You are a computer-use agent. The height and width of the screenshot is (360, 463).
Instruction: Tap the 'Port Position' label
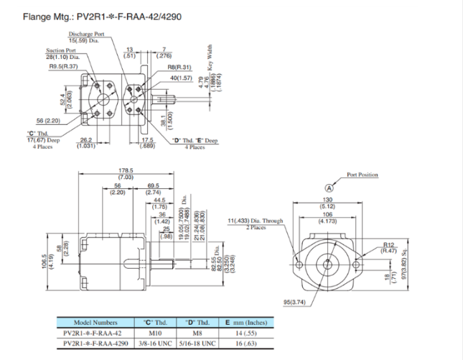pyautogui.click(x=362, y=175)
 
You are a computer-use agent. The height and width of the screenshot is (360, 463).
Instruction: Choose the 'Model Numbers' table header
pyautogui.click(x=95, y=322)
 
